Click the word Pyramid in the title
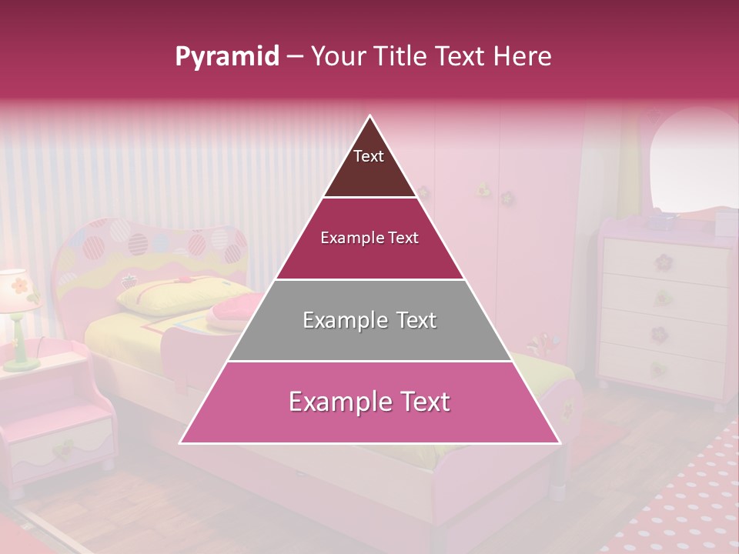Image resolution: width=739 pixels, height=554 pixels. coord(226,57)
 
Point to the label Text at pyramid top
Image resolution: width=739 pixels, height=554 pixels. coord(369,156)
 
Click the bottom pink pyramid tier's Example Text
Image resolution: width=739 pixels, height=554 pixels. coord(369,402)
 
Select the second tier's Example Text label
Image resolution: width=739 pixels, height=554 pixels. coord(369,238)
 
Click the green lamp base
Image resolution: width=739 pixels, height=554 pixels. coord(21,358)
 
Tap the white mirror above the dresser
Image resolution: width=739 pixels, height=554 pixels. coord(693,158)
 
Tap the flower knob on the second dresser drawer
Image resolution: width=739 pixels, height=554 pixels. coord(662,297)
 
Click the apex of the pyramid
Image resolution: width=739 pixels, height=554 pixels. coord(370,118)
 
